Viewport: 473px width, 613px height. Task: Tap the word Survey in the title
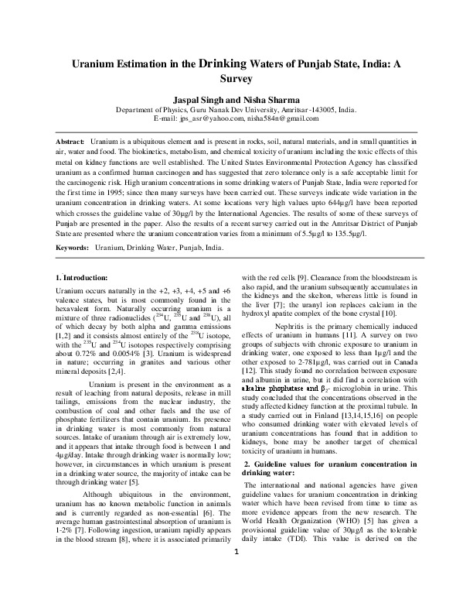pyautogui.click(x=236, y=80)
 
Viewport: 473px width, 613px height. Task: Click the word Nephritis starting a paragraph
pyautogui.click(x=291, y=348)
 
